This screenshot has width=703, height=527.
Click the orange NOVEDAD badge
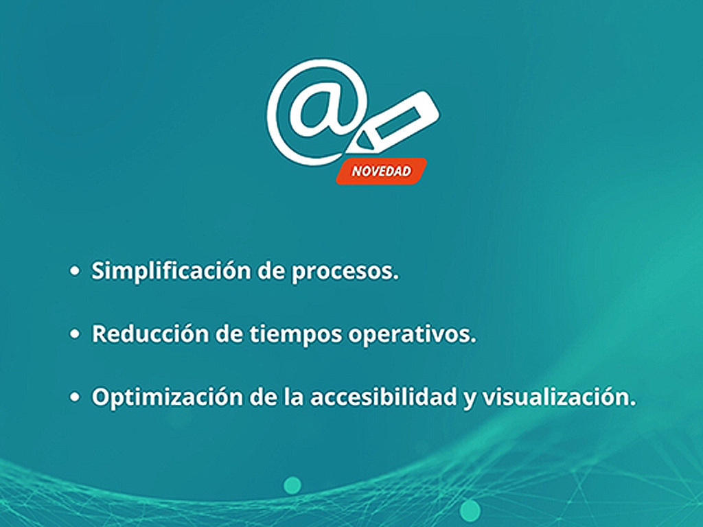(x=382, y=171)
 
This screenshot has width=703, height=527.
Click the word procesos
(x=345, y=272)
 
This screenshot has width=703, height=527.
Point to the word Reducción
(x=150, y=333)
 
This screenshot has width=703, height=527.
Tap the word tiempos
(x=296, y=334)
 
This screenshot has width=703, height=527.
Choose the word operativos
(x=413, y=334)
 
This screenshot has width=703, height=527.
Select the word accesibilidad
(x=384, y=397)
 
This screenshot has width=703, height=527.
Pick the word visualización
(x=559, y=397)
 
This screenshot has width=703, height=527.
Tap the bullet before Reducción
(x=75, y=334)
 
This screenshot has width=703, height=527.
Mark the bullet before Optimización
(x=75, y=397)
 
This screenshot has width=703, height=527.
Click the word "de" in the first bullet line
(x=271, y=270)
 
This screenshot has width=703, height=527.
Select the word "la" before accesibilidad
(x=293, y=397)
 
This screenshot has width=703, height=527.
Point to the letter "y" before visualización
(x=470, y=399)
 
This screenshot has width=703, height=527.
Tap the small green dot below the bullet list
(x=292, y=485)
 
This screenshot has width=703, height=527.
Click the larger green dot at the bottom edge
(x=470, y=510)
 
